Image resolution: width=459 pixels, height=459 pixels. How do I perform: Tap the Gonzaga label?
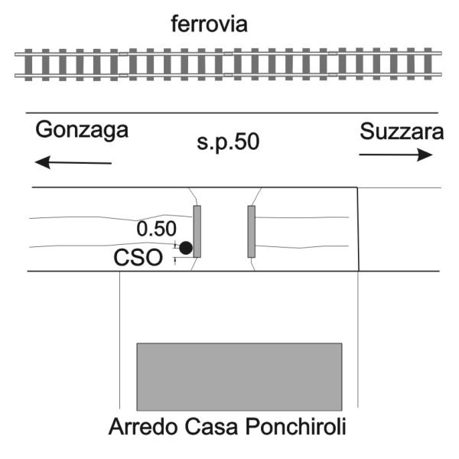82,131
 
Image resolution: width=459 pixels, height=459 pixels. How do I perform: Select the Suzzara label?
401,132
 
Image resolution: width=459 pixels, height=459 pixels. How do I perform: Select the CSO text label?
138,257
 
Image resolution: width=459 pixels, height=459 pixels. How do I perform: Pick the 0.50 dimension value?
156,229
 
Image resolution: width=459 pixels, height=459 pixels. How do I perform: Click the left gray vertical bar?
197,231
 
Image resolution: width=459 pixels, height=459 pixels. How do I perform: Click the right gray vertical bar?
251,231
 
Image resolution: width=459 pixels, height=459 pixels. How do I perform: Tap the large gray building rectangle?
239,375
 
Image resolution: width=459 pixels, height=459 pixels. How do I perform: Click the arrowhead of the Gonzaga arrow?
44,161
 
